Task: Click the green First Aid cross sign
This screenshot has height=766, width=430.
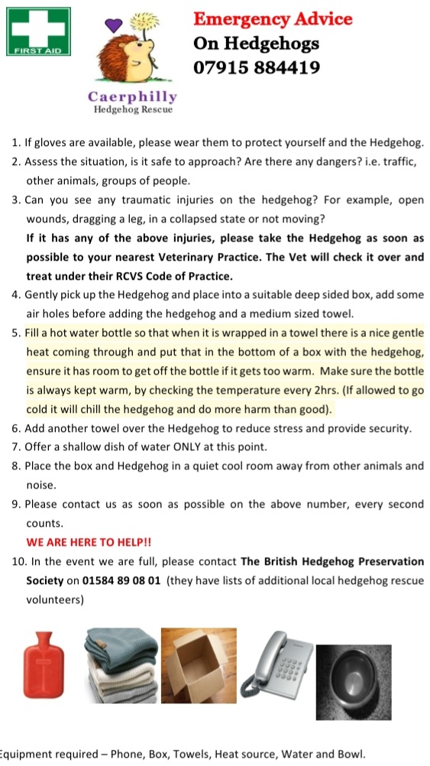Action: coord(37,32)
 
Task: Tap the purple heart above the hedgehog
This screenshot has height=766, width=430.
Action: coord(113,25)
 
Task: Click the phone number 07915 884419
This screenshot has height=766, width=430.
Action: coord(256,67)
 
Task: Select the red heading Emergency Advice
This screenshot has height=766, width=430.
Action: coord(273,18)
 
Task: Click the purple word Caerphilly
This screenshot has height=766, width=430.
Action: coord(132,96)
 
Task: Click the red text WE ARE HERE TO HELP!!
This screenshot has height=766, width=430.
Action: coord(89,542)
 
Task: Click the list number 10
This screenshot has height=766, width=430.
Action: coord(19,561)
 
